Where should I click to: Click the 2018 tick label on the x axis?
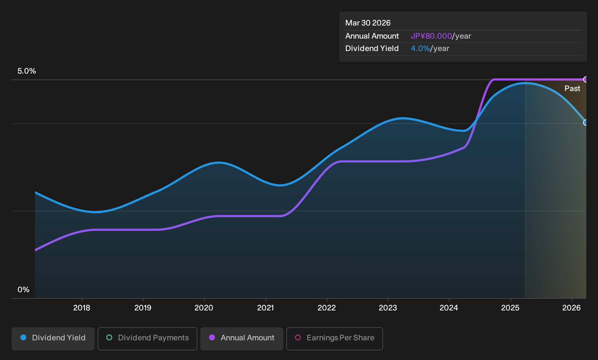tap(82, 308)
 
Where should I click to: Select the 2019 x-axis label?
tap(143, 308)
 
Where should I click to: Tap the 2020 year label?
tap(204, 308)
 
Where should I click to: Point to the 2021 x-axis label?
tap(265, 308)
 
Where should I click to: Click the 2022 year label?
tap(327, 308)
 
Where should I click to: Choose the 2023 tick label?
tap(388, 308)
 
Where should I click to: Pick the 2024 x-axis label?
tap(449, 308)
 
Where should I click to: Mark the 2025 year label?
tap(510, 308)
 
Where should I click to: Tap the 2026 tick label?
tap(571, 308)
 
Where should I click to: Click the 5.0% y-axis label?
tap(27, 71)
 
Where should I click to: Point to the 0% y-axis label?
tap(24, 290)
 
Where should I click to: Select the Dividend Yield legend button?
tap(53, 339)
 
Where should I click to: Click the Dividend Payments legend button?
tap(147, 339)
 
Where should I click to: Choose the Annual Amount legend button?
tap(241, 339)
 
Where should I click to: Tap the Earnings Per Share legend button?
tap(334, 339)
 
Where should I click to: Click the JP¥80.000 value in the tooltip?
tap(431, 36)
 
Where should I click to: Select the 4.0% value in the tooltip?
tap(420, 48)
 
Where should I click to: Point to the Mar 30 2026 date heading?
tap(368, 23)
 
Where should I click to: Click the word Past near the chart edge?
tap(573, 89)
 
